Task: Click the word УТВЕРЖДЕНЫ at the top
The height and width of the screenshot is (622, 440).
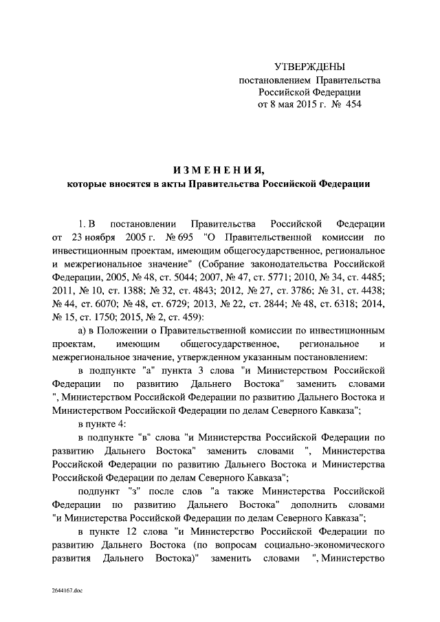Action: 309,67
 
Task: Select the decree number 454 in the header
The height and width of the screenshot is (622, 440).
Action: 350,104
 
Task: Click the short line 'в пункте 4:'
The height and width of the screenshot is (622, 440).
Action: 101,423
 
